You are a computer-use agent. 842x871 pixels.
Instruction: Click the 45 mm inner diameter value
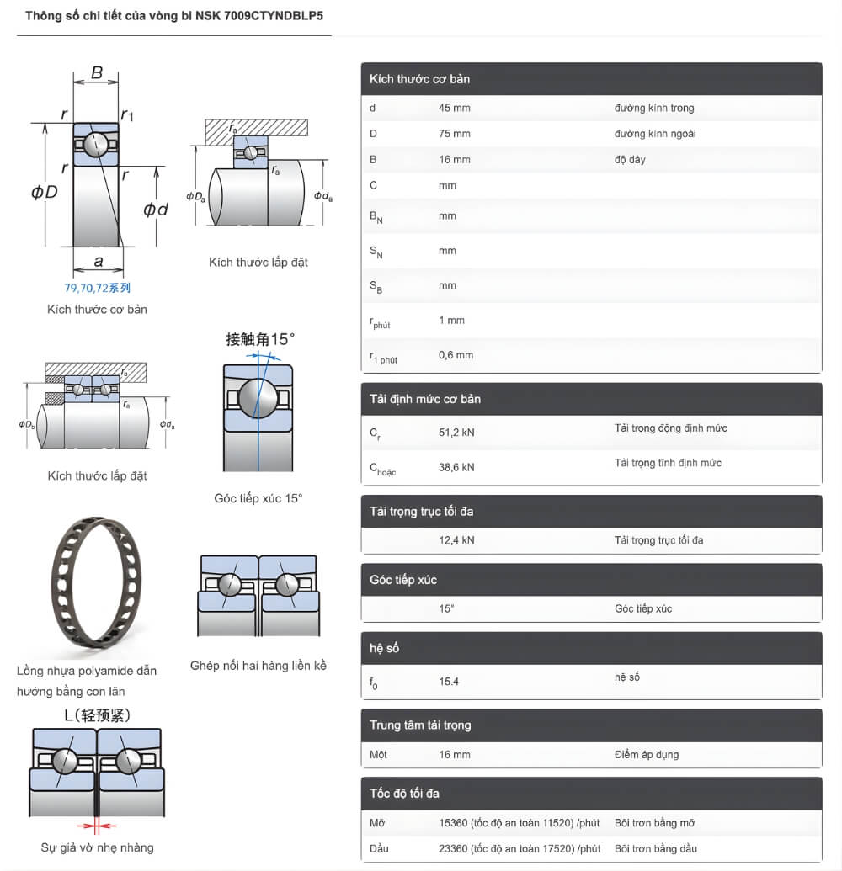pyautogui.click(x=454, y=108)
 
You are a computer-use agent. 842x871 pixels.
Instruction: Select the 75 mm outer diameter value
pyautogui.click(x=454, y=134)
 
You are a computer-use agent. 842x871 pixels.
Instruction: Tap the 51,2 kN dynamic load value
pyautogui.click(x=456, y=433)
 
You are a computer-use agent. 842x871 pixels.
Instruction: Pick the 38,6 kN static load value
pyautogui.click(x=456, y=467)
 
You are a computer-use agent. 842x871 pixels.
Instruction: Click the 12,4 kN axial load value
pyautogui.click(x=456, y=540)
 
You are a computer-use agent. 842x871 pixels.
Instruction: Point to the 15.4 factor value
pyautogui.click(x=449, y=682)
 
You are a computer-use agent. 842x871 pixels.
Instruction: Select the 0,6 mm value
pyautogui.click(x=456, y=355)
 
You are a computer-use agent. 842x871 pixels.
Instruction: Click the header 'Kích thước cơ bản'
pyautogui.click(x=419, y=79)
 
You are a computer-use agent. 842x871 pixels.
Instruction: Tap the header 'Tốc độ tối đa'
pyautogui.click(x=404, y=794)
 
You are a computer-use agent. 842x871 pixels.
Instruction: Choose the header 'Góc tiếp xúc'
pyautogui.click(x=403, y=580)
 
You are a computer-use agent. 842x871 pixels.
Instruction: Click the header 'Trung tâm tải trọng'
pyautogui.click(x=420, y=725)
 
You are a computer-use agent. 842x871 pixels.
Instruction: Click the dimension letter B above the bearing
pyautogui.click(x=97, y=73)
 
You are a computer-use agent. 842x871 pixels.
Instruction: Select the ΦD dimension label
pyautogui.click(x=45, y=192)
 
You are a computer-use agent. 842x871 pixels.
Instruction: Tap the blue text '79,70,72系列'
pyautogui.click(x=98, y=288)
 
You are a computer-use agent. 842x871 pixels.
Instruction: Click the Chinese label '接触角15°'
pyautogui.click(x=261, y=340)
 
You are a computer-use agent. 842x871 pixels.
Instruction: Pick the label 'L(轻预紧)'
pyautogui.click(x=97, y=715)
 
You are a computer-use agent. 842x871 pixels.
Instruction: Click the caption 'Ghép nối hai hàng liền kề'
pyautogui.click(x=258, y=666)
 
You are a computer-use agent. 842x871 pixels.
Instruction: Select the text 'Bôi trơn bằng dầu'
pyautogui.click(x=656, y=848)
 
